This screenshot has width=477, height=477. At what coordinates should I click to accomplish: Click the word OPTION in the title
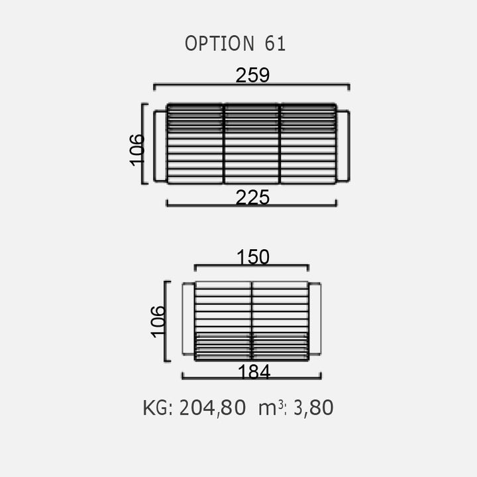(219, 43)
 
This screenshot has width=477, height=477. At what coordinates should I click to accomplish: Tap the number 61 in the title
(275, 43)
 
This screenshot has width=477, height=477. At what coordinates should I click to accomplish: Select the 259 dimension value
(252, 75)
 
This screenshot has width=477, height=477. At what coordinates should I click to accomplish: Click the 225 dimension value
(252, 197)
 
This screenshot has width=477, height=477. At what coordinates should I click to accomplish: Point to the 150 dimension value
(253, 257)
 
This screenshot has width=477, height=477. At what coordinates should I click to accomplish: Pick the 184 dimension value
(254, 372)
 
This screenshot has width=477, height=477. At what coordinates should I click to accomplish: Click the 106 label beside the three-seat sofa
(137, 150)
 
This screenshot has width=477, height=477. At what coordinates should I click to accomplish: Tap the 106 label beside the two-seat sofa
(158, 322)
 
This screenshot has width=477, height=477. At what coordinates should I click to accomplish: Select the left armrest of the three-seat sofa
(160, 146)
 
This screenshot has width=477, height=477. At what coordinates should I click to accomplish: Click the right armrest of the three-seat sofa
(343, 146)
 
